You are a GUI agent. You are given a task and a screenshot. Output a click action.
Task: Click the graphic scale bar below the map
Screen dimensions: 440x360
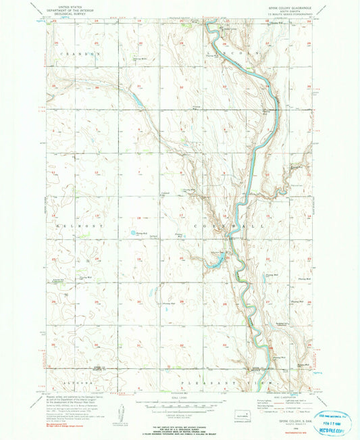[x=180, y=400]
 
